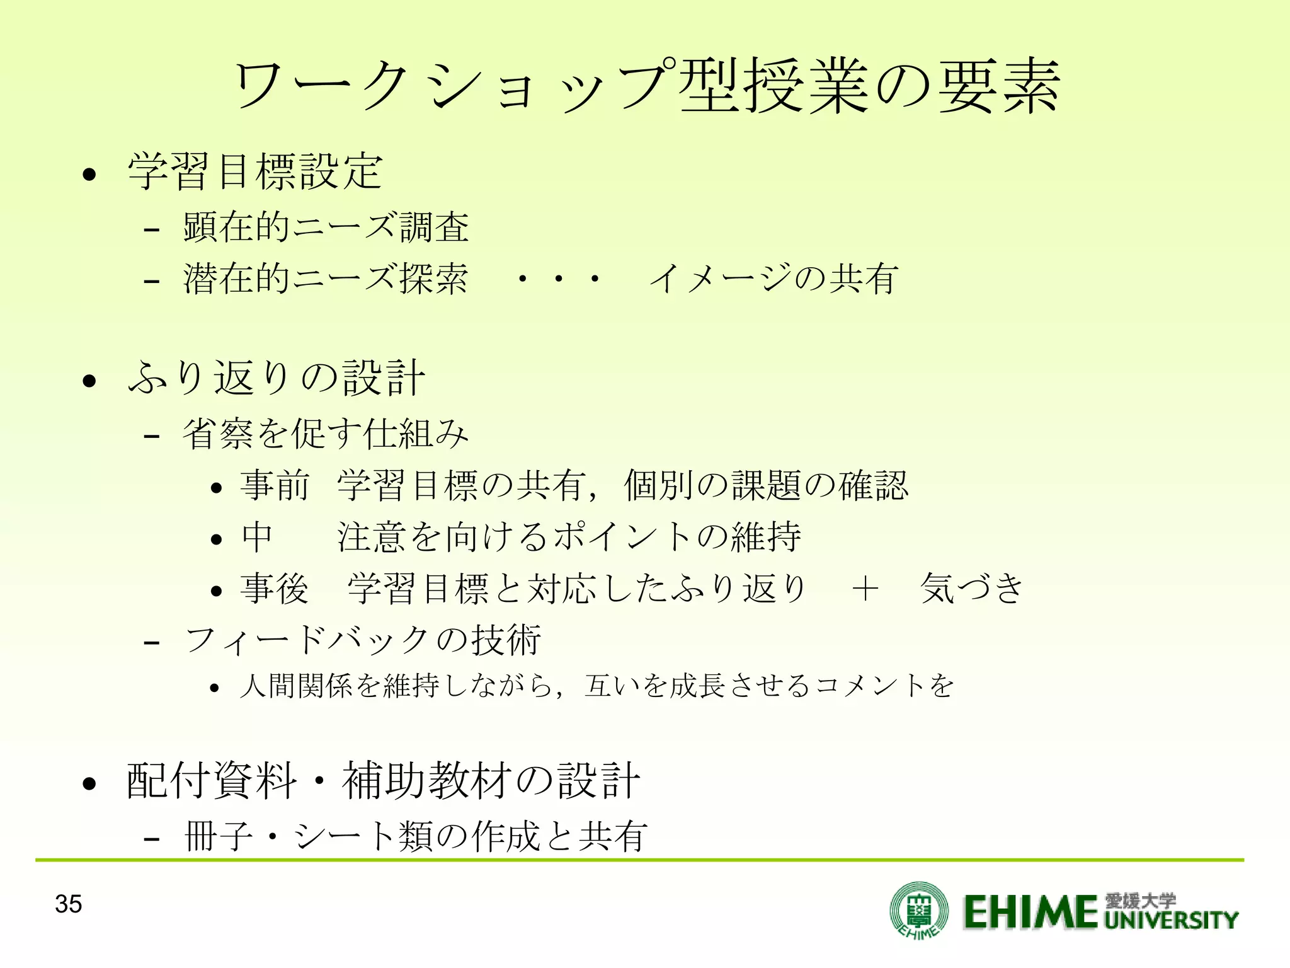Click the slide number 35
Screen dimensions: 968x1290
68,904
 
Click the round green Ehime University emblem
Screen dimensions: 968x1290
918,909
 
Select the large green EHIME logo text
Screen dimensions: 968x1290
1030,911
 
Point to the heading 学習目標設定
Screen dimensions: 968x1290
255,171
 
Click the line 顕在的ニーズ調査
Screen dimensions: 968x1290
326,227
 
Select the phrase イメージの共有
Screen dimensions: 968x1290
773,278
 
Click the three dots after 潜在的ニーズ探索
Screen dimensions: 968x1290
557,278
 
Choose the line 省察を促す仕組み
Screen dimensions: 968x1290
326,434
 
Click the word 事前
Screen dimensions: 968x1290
275,485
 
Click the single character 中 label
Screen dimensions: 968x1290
257,537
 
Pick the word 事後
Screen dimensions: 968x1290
275,588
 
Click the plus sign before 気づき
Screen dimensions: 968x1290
864,589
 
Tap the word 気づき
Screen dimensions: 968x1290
972,588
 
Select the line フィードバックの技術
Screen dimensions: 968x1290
363,640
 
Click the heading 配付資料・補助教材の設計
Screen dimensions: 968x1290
383,781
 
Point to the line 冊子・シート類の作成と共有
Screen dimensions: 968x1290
416,836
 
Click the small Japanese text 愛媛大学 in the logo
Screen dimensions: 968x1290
1141,900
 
